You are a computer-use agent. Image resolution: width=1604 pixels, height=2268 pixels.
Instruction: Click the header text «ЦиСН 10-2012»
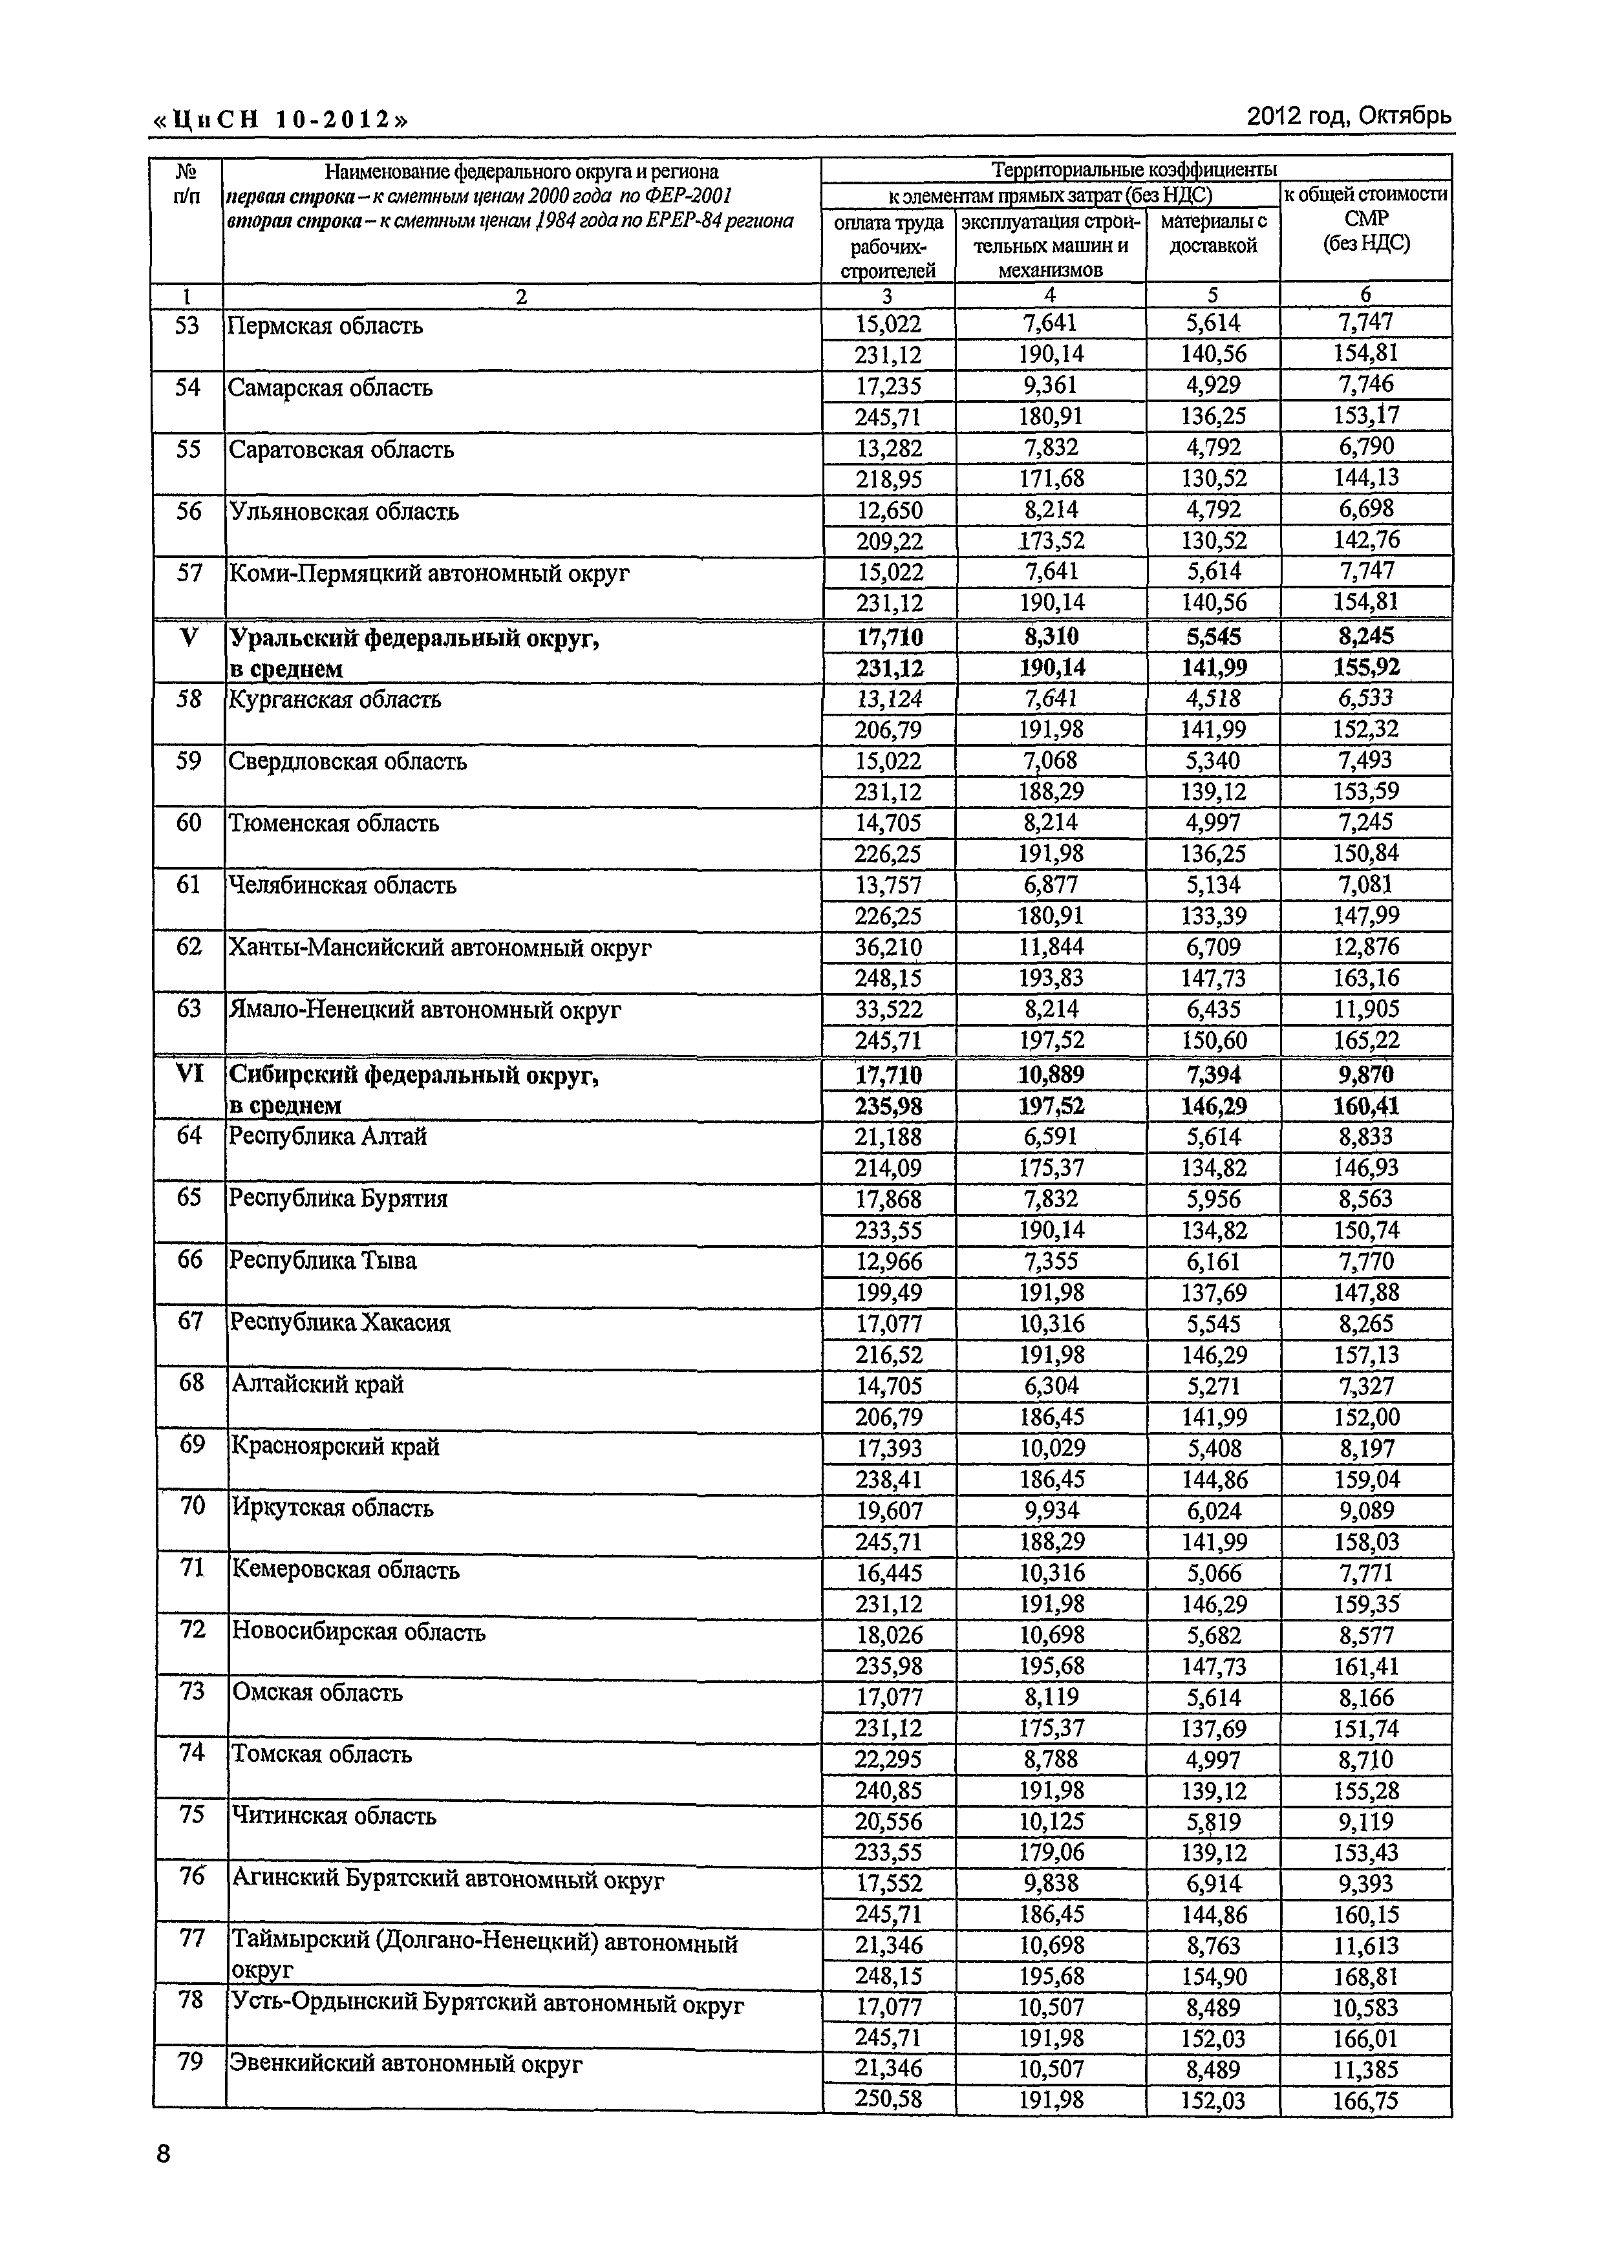[279, 120]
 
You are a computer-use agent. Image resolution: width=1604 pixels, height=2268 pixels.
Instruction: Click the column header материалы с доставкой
[1213, 234]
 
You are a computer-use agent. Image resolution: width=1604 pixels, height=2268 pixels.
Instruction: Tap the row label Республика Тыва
[323, 1261]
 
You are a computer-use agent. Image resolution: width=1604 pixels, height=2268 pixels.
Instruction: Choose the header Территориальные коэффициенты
[1134, 168]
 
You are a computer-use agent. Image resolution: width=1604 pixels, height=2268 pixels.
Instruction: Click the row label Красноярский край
[335, 1446]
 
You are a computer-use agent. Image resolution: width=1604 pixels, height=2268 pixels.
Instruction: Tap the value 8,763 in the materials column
[1213, 1944]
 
